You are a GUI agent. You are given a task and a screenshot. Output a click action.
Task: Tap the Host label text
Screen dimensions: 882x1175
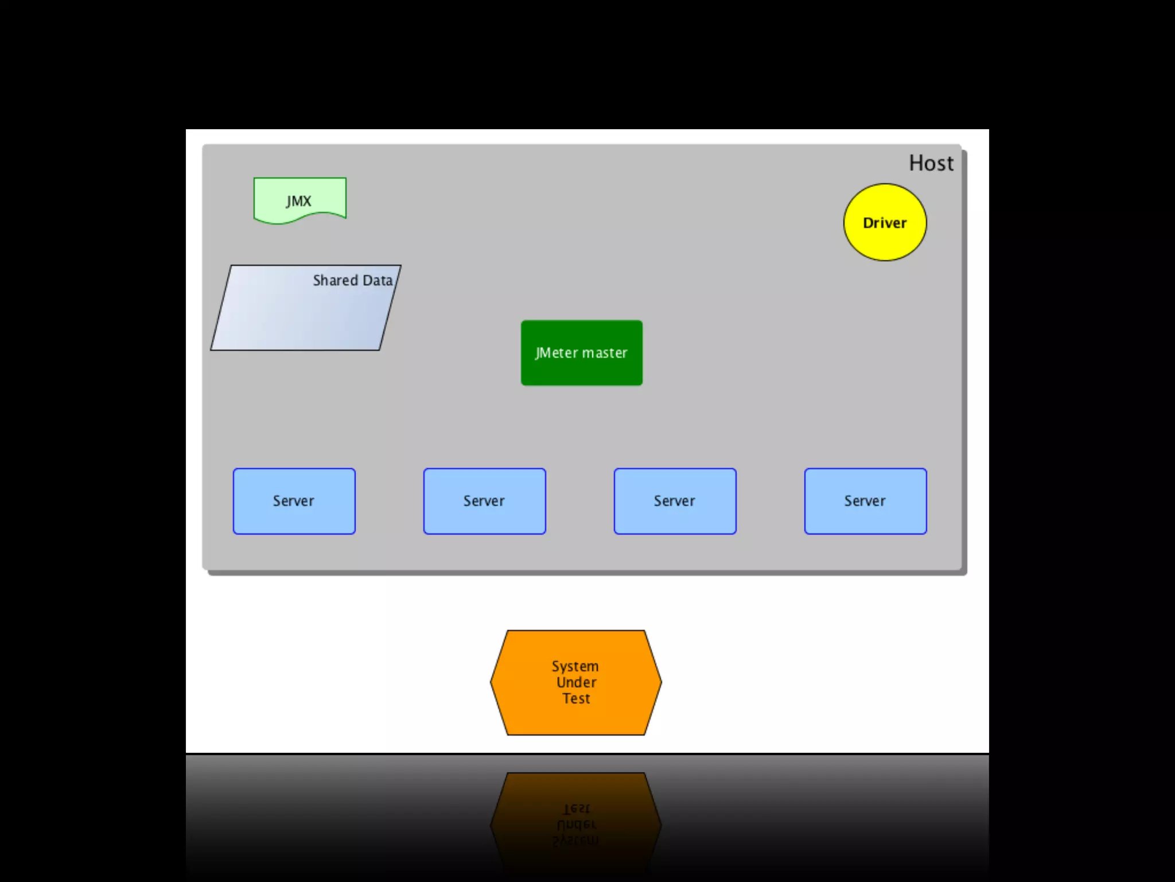click(931, 164)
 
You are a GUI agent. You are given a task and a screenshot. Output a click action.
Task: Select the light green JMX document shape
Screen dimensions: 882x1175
click(299, 198)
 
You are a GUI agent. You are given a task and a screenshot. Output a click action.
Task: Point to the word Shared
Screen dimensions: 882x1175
click(335, 280)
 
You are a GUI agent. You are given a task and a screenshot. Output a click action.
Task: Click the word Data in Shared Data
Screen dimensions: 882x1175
click(378, 280)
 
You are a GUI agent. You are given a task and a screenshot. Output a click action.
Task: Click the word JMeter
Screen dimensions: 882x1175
click(556, 353)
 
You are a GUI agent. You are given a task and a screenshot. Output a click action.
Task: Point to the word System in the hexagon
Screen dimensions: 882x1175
click(575, 666)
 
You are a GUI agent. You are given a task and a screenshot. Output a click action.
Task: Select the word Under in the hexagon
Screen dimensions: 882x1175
click(576, 682)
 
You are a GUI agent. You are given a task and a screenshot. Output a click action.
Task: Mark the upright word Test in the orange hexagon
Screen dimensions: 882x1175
click(576, 698)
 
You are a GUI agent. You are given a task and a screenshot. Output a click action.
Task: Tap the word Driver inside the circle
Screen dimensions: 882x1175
click(885, 223)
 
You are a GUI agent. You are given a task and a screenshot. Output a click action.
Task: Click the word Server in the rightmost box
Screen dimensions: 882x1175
click(865, 501)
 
